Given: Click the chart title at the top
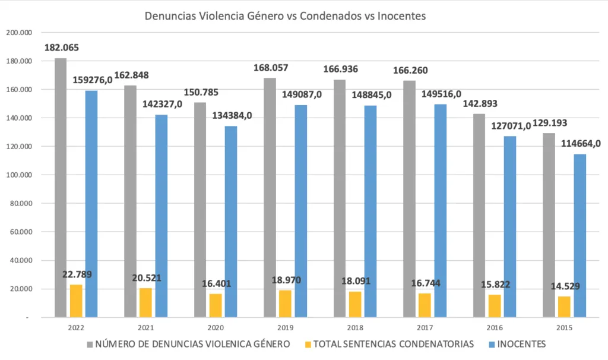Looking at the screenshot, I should tap(286, 16).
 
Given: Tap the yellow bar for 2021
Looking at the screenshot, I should tap(145, 302).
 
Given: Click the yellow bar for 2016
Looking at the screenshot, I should tap(495, 306).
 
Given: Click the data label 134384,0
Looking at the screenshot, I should tap(232, 115).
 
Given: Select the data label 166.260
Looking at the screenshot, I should tap(411, 70).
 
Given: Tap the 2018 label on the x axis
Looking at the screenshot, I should tap(354, 327).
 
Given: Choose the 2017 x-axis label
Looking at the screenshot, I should tap(425, 327).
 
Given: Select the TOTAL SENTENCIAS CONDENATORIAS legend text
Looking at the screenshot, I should tap(394, 344).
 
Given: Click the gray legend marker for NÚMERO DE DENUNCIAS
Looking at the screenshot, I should tap(90, 344).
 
